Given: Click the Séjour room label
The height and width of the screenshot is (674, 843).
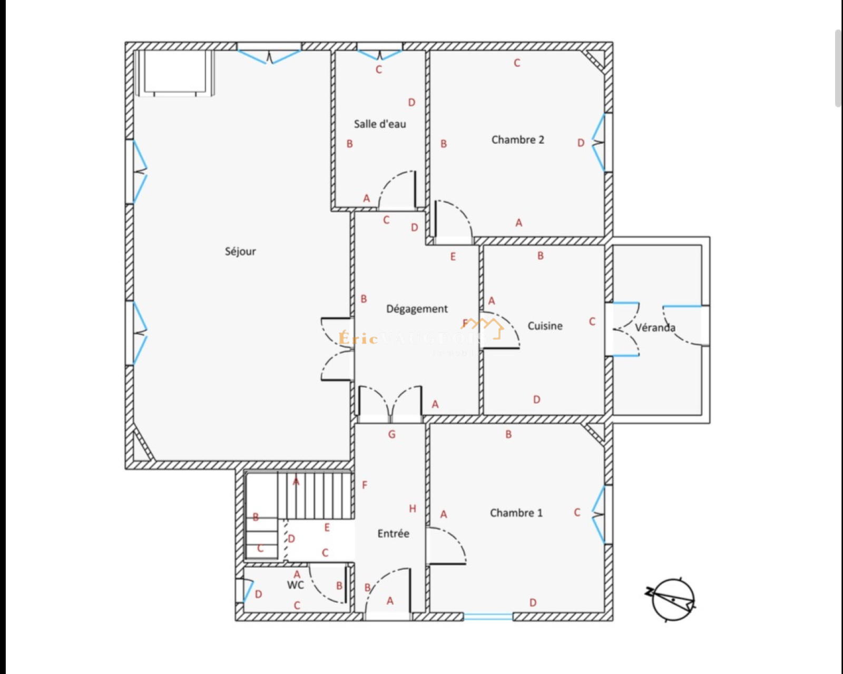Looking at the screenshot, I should [x=240, y=251].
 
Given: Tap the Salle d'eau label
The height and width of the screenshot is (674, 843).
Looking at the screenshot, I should [x=380, y=124].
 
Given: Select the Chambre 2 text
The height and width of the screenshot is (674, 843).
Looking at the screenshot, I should [x=517, y=140].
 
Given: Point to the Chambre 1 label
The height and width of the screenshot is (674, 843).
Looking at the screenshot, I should [x=516, y=513].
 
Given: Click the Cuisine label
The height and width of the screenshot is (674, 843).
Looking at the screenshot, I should [x=545, y=326].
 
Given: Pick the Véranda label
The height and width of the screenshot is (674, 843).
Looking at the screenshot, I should [x=655, y=328].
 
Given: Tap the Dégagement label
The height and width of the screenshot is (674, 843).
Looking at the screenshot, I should [x=417, y=309].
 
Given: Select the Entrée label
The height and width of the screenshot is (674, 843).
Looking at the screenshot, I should [x=393, y=534].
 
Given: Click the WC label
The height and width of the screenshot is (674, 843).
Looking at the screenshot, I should [x=296, y=585].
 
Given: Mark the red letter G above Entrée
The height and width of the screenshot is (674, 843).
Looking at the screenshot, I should [x=391, y=435].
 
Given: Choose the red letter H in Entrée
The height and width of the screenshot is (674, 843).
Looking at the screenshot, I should [x=413, y=509].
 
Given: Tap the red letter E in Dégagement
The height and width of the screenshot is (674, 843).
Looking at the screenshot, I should [x=453, y=257].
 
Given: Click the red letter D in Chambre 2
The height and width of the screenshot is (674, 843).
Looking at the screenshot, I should [x=581, y=143].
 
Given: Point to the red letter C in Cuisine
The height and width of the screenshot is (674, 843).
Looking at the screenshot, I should [x=592, y=321].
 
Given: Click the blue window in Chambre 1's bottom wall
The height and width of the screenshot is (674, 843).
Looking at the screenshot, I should [x=488, y=616].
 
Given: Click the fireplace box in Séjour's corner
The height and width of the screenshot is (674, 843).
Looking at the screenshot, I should [x=174, y=72].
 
